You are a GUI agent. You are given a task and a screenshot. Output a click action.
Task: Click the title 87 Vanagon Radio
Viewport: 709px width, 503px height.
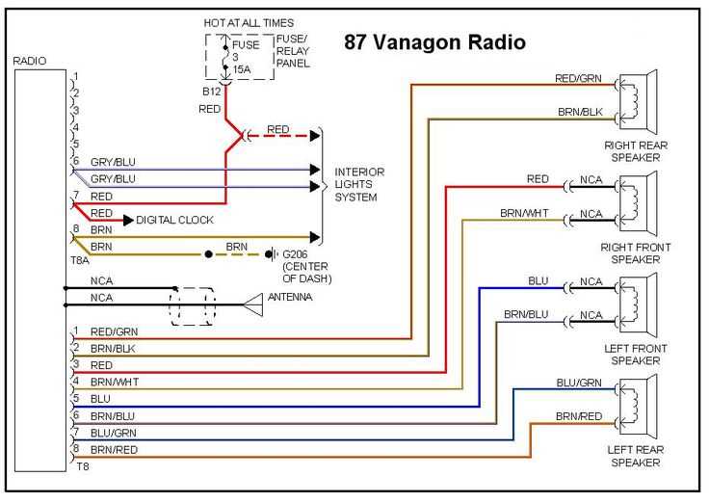(434, 42)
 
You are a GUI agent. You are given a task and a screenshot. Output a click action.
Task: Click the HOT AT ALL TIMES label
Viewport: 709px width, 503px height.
(249, 22)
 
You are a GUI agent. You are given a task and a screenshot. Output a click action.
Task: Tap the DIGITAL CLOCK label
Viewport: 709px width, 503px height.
(174, 220)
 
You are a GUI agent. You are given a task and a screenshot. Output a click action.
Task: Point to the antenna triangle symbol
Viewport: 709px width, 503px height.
(252, 304)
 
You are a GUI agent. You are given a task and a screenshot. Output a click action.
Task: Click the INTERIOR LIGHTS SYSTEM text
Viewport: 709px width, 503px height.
(359, 184)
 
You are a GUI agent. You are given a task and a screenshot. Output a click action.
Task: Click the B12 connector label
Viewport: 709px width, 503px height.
(211, 92)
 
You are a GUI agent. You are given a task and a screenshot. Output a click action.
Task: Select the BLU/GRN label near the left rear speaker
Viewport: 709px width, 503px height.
(579, 383)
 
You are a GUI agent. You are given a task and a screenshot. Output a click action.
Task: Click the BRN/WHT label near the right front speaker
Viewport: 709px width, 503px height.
(525, 212)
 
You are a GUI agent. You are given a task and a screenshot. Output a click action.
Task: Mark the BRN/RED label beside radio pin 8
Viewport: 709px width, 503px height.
(115, 449)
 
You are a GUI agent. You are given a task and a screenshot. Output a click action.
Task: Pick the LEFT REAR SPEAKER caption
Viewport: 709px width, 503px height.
(635, 456)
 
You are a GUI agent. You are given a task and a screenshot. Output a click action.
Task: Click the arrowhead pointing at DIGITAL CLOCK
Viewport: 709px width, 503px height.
(127, 220)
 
